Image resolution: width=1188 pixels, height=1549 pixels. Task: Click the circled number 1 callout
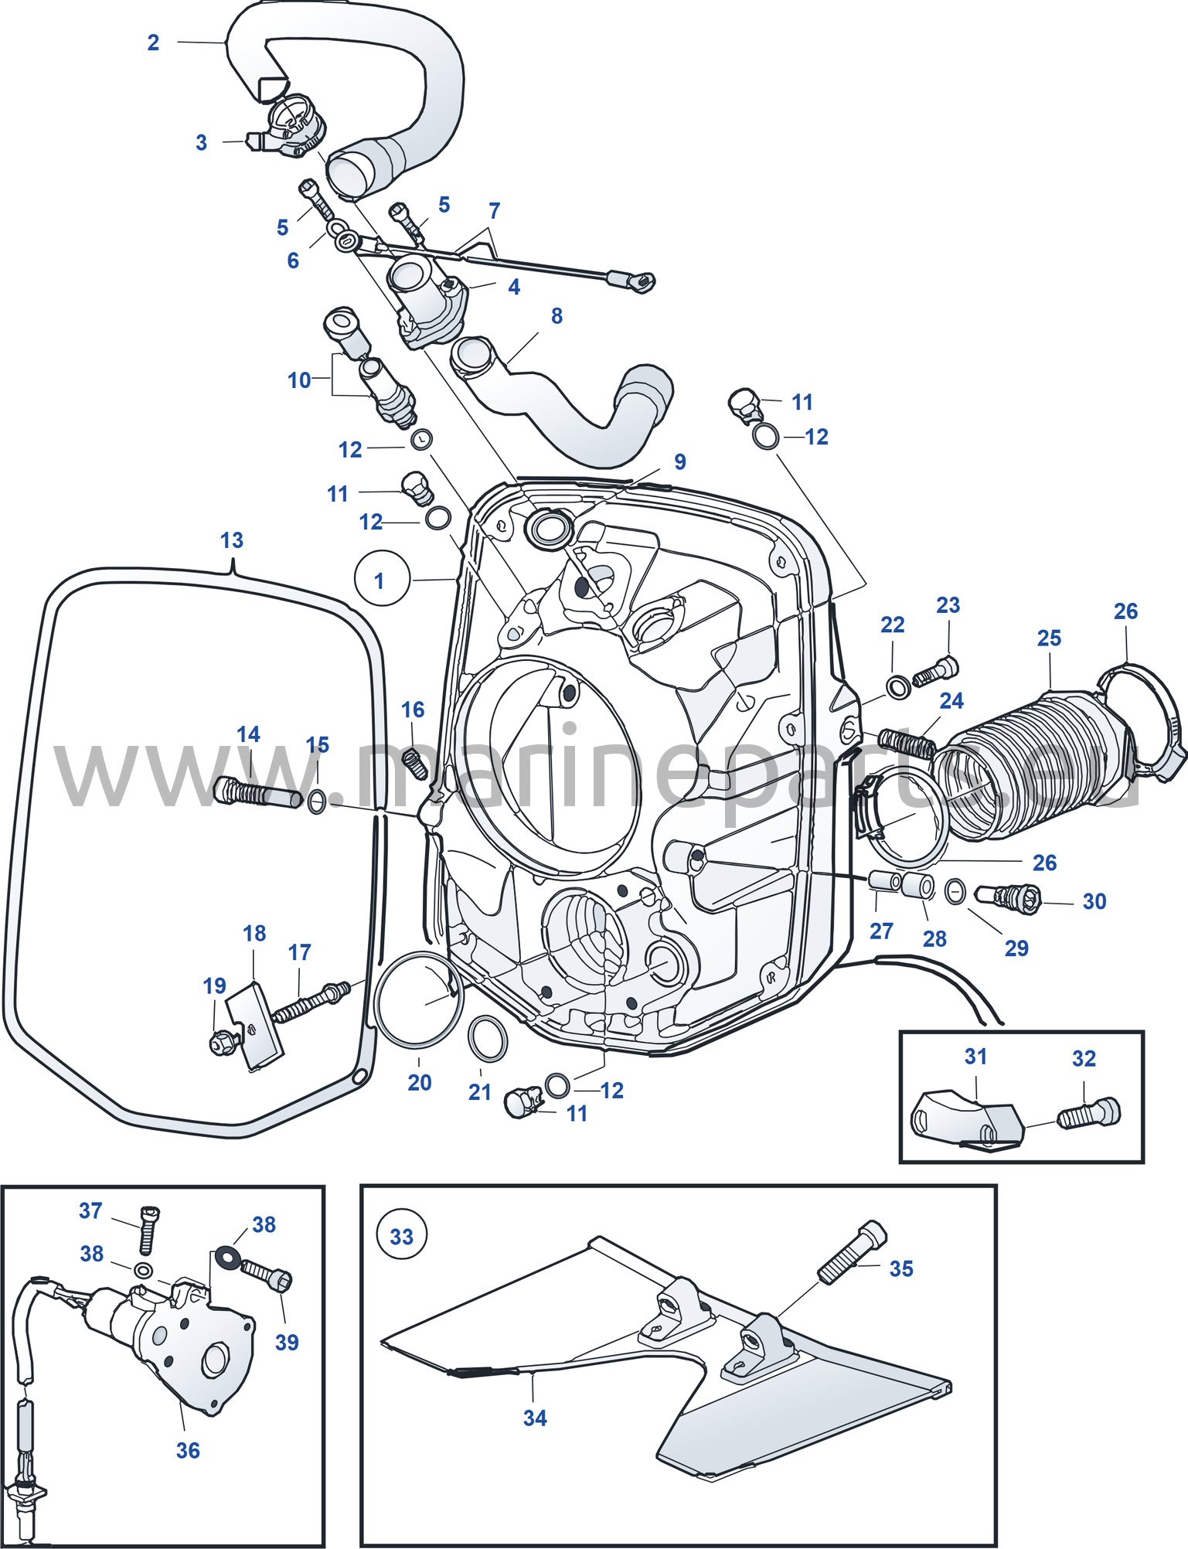[382, 578]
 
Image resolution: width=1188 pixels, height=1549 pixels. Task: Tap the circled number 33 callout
[402, 1237]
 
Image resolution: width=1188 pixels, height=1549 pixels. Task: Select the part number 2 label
[153, 43]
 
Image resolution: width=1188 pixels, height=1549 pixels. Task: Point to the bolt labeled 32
[1088, 1114]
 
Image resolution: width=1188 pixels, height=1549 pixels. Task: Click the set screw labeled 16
[415, 764]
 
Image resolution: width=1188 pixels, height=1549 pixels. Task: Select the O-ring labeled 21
[488, 1040]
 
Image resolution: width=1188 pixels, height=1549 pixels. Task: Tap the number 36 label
[188, 1451]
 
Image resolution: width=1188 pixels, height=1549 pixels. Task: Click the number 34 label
[535, 1418]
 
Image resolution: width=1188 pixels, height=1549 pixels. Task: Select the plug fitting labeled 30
[1009, 897]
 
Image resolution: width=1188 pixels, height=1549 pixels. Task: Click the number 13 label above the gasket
[232, 540]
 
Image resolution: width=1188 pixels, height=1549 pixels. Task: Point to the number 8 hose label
[557, 316]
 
